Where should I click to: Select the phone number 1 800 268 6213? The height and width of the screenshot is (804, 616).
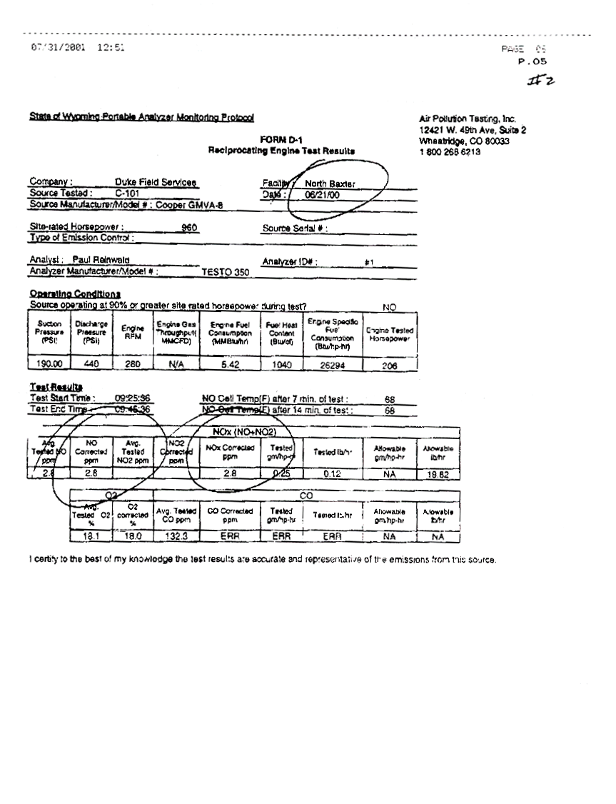pos(450,151)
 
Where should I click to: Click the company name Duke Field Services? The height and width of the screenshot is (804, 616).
pos(156,182)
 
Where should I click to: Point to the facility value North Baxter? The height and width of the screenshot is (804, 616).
pos(330,184)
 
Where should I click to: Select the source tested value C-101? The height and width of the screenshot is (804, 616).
pos(127,193)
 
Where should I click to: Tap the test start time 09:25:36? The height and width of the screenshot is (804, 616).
pos(132,398)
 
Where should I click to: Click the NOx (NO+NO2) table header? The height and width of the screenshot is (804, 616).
pos(244,432)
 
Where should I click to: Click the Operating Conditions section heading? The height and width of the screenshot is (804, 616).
pos(74,293)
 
